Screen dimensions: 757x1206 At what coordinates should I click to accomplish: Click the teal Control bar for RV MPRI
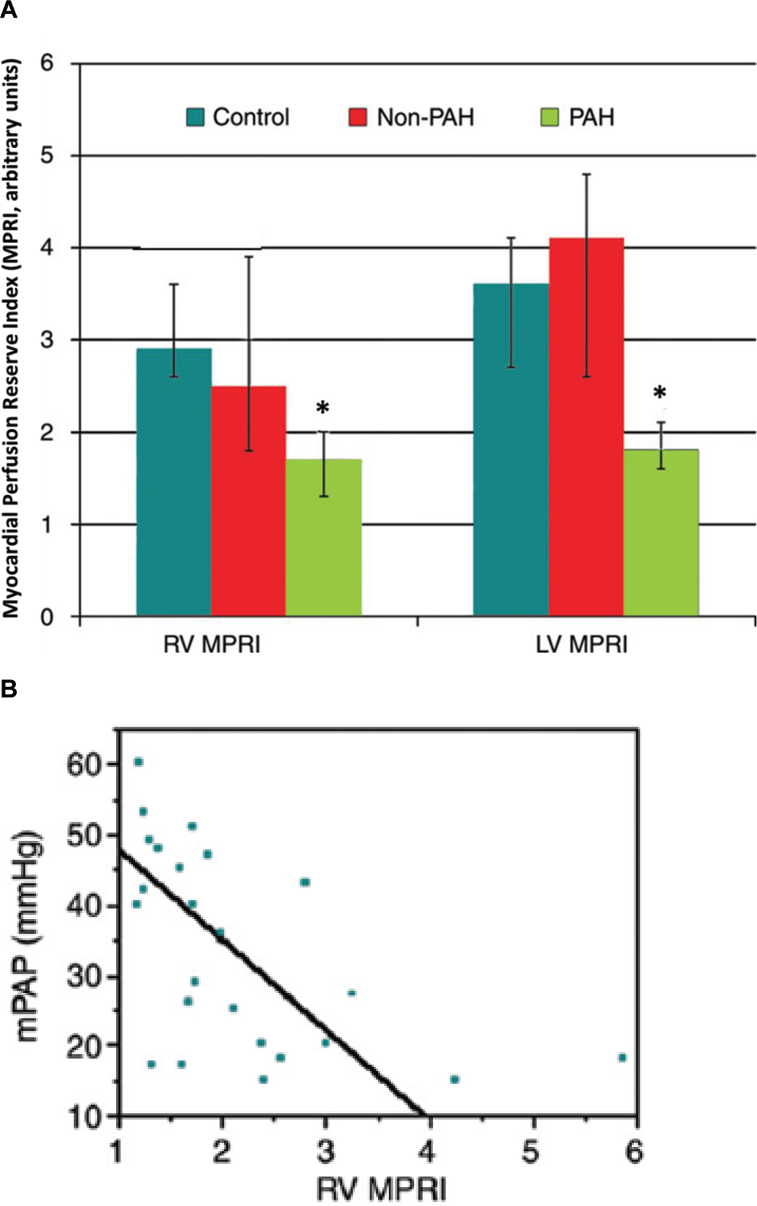pos(173,482)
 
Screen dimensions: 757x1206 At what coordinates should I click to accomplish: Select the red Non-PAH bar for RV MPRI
pos(248,501)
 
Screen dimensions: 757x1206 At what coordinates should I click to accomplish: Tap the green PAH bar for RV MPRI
pos(323,537)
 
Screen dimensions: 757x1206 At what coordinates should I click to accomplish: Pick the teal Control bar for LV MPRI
pos(511,450)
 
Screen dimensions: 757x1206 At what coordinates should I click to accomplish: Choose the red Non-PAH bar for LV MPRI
pos(586,427)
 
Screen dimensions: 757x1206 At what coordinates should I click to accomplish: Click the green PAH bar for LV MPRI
pos(661,533)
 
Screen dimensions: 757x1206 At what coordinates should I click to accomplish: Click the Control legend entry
pos(238,117)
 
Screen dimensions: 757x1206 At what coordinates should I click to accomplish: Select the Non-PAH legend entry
pos(412,117)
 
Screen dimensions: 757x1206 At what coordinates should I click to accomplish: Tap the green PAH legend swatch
pos(549,118)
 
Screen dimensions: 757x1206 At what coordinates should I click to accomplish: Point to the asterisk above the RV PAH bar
pos(322,408)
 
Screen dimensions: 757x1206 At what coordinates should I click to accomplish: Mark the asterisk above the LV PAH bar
pos(659,393)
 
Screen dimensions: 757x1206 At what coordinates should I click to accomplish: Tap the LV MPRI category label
pos(582,644)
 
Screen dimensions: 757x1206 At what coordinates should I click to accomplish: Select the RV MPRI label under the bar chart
pos(212,644)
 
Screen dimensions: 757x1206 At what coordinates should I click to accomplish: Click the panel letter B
pos(8,690)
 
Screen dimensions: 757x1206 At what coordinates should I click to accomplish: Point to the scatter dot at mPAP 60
pos(138,762)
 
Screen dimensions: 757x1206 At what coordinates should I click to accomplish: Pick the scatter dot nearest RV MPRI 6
pos(623,1058)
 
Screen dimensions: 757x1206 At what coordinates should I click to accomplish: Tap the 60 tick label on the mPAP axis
pos(85,764)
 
